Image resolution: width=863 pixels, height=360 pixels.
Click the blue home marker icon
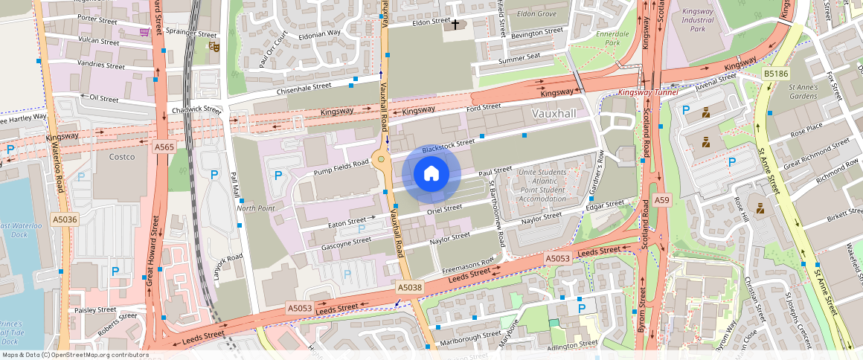[x=431, y=174]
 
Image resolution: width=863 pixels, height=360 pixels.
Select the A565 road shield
[x=164, y=147]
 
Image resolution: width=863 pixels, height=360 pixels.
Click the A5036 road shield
[x=65, y=219]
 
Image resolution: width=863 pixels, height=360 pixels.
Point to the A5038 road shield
[x=409, y=287]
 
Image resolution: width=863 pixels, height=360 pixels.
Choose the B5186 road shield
[x=775, y=74]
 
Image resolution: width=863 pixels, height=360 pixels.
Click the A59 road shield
[x=661, y=200]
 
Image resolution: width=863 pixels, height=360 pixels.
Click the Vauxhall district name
[x=554, y=113]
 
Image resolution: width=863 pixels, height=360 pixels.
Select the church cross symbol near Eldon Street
[x=455, y=25]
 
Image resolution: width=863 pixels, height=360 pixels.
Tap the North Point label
[x=256, y=208]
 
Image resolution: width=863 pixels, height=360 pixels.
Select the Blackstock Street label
[x=448, y=146]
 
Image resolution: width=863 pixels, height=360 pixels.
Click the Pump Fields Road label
[x=341, y=168]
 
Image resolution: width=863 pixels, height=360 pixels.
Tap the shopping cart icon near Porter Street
[x=144, y=32]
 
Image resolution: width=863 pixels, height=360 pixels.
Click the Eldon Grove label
[x=536, y=14]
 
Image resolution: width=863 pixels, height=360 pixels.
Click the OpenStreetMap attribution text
[x=74, y=355]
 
